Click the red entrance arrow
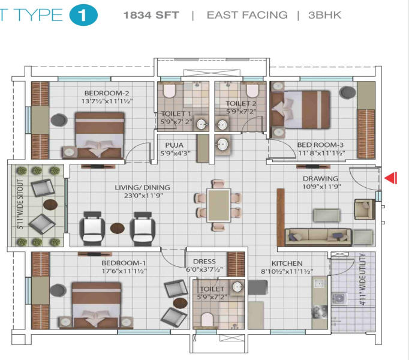tap(391, 178)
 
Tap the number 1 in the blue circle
tap(83, 15)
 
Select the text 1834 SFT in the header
tap(151, 15)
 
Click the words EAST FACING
tap(247, 15)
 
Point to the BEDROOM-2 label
tap(107, 93)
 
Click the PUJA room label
tap(175, 145)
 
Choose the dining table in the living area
tap(218, 205)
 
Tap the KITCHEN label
tap(287, 263)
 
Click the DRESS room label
tap(204, 262)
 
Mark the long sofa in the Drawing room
tap(318, 238)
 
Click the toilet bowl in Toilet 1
tap(169, 91)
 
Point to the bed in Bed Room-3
tap(300, 109)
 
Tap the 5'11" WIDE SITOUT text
tap(20, 204)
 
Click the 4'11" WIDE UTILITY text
tap(362, 279)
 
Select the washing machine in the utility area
tap(339, 299)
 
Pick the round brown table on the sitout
tap(50, 205)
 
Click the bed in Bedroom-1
tap(96, 304)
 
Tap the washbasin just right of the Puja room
tap(222, 144)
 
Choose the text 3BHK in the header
tap(324, 15)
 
